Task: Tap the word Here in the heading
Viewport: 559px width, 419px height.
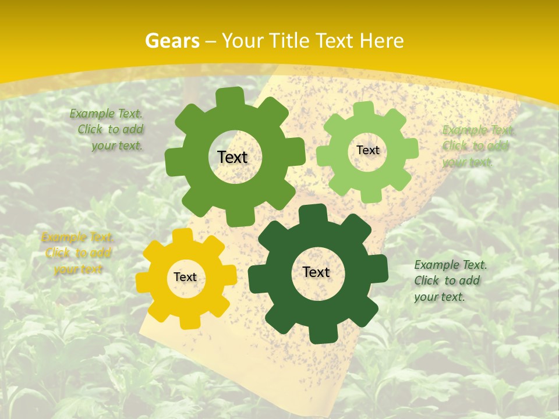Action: pos(381,41)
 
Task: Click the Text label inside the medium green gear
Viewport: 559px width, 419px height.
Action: pos(232,157)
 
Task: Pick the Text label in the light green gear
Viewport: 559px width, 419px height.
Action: pos(367,150)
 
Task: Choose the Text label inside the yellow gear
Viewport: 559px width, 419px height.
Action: pos(185,277)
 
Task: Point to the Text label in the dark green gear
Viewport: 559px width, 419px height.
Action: pos(316,272)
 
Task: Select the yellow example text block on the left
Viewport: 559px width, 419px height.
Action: pos(77,253)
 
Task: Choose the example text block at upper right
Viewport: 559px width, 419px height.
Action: pos(476,145)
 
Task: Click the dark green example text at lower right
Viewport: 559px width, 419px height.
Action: pos(450,280)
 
